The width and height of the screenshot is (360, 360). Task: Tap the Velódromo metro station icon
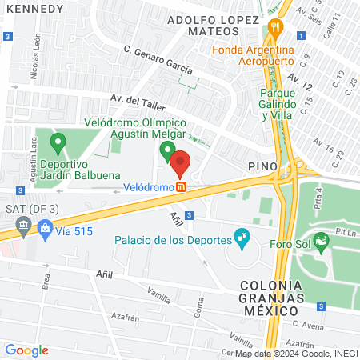(182, 186)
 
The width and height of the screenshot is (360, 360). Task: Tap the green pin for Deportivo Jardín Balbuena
(58, 144)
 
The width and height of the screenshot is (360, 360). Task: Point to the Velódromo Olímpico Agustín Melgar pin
(167, 150)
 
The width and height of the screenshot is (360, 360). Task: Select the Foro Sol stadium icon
(322, 240)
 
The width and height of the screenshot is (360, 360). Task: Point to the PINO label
(262, 166)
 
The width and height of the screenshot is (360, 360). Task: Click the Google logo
(26, 350)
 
